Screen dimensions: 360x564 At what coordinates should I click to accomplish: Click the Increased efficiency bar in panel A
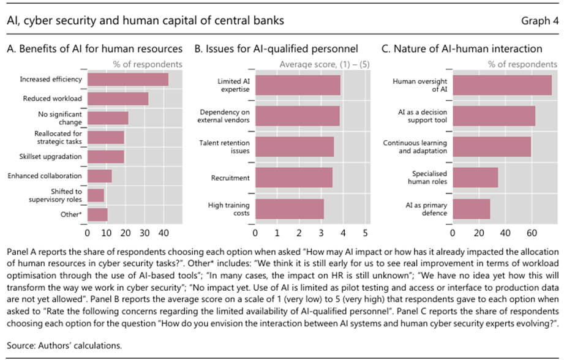[x=127, y=79]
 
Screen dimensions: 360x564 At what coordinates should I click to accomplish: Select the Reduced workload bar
[x=118, y=99]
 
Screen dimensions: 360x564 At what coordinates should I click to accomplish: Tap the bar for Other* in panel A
[x=97, y=214]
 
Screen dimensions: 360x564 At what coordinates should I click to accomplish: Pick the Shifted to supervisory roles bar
[x=96, y=195]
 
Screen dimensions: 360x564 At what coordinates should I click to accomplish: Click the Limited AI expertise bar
[x=298, y=86]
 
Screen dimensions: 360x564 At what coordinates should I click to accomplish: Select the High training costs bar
[x=290, y=209]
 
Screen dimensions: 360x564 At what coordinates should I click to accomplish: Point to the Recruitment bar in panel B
[x=294, y=178]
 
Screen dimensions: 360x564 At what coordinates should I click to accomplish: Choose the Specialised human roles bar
[x=475, y=178]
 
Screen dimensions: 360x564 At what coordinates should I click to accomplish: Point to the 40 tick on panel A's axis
[x=163, y=233]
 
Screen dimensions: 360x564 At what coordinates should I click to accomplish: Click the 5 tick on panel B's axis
[x=365, y=233]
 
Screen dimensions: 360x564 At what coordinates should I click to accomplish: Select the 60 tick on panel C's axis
[x=532, y=233]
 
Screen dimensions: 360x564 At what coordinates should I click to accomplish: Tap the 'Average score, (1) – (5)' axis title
[x=325, y=64]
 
